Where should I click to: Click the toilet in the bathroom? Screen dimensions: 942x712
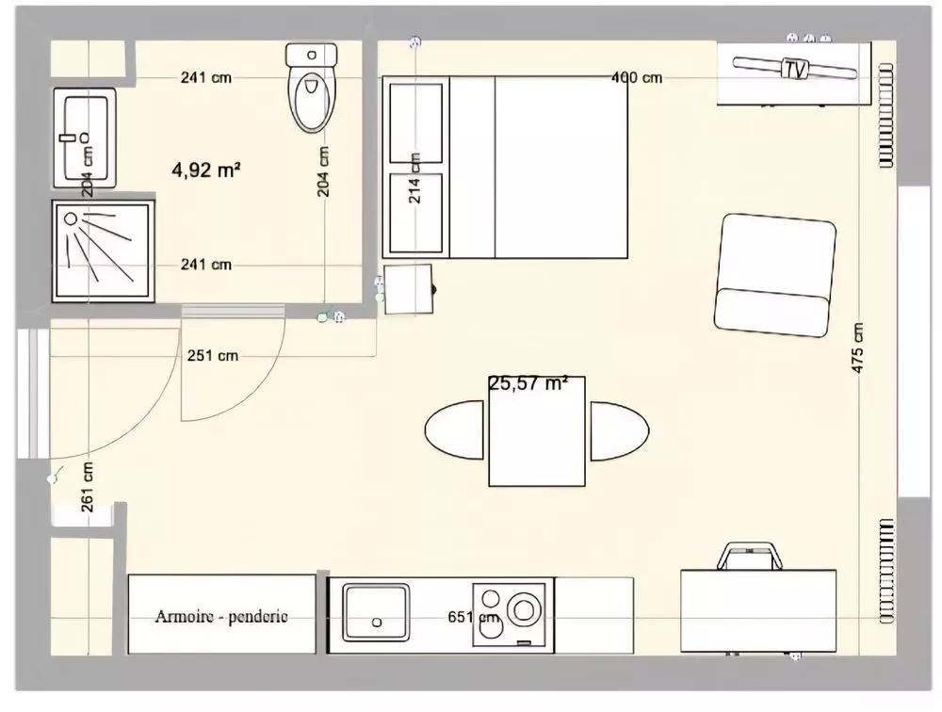tap(311, 88)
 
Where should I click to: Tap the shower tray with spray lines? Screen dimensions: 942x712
tap(103, 251)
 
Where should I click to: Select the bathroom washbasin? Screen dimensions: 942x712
tap(85, 138)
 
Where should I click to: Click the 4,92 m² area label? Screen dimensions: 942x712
tap(206, 170)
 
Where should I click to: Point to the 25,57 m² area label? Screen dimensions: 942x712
tap(528, 382)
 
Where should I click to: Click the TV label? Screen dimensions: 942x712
tap(794, 69)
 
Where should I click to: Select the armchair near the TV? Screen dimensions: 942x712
tap(775, 275)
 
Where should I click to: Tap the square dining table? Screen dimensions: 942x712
tap(537, 431)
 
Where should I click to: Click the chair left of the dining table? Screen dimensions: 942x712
tap(454, 430)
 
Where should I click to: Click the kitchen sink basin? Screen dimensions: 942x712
tap(376, 612)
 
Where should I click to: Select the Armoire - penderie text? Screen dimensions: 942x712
tap(221, 617)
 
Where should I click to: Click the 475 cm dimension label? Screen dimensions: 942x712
tap(857, 348)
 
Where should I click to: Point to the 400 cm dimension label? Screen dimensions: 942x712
tap(637, 77)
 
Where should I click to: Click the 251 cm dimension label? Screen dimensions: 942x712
tap(213, 356)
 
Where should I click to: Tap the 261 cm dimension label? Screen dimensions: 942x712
tap(88, 487)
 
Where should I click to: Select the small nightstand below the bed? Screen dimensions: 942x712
tap(408, 289)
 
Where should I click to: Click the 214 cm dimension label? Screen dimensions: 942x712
tap(414, 178)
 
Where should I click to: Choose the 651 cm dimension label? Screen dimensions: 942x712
tap(474, 617)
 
